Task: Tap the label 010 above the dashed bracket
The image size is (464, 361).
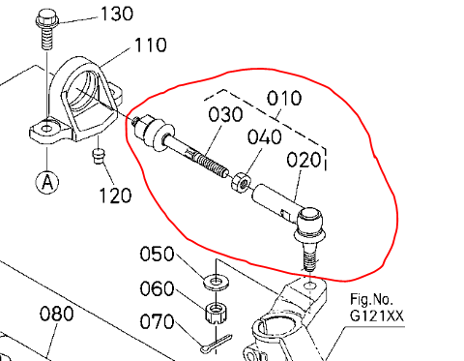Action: (283, 98)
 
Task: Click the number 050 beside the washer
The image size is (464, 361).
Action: (157, 255)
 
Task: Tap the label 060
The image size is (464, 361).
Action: (157, 288)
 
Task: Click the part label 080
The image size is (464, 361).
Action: (57, 315)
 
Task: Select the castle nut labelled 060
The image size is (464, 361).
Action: (214, 314)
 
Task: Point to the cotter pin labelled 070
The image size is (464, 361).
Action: (215, 341)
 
